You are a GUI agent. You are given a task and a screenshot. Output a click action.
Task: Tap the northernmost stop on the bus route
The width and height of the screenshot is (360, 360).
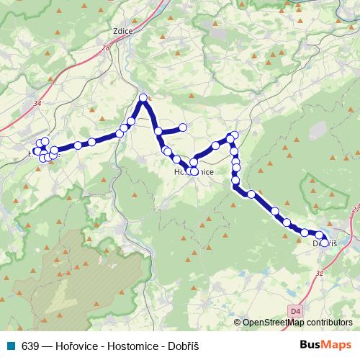(x=143, y=98)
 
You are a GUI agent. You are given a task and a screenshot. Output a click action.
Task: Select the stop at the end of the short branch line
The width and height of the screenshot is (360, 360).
(x=183, y=128)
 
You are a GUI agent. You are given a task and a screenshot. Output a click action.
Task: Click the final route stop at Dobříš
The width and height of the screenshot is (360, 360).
(x=325, y=243)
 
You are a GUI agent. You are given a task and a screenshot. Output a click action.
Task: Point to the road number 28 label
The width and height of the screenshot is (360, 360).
(x=106, y=48)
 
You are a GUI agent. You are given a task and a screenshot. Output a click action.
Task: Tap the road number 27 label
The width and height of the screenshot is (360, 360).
(x=356, y=209)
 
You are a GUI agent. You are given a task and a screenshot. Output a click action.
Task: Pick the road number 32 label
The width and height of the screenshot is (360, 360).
(x=319, y=274)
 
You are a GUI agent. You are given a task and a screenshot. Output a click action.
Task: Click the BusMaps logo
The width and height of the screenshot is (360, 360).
(x=326, y=344)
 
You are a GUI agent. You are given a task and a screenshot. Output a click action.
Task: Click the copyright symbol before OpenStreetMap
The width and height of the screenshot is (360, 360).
(x=238, y=323)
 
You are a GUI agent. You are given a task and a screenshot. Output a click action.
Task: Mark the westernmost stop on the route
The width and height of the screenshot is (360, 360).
(x=37, y=151)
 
